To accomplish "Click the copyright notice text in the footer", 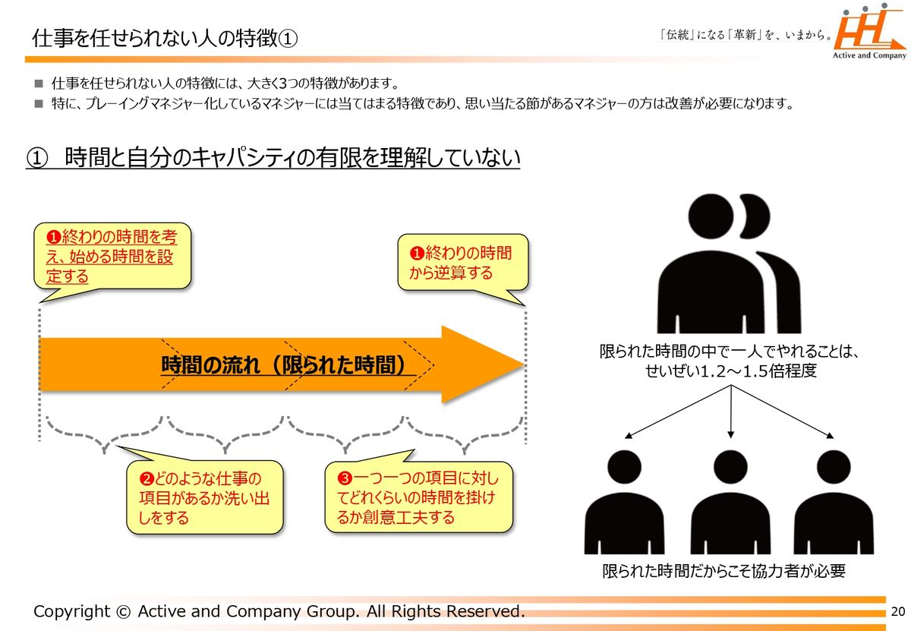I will [279, 611].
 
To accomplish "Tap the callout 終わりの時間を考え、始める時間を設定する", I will [112, 257].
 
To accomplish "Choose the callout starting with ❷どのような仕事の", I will [204, 498].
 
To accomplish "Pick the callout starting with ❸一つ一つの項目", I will [419, 497].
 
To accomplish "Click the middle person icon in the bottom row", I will [730, 502].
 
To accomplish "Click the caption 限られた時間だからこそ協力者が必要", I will [723, 571].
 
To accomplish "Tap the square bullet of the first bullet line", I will [39, 83].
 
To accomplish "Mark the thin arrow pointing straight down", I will [730, 414].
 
